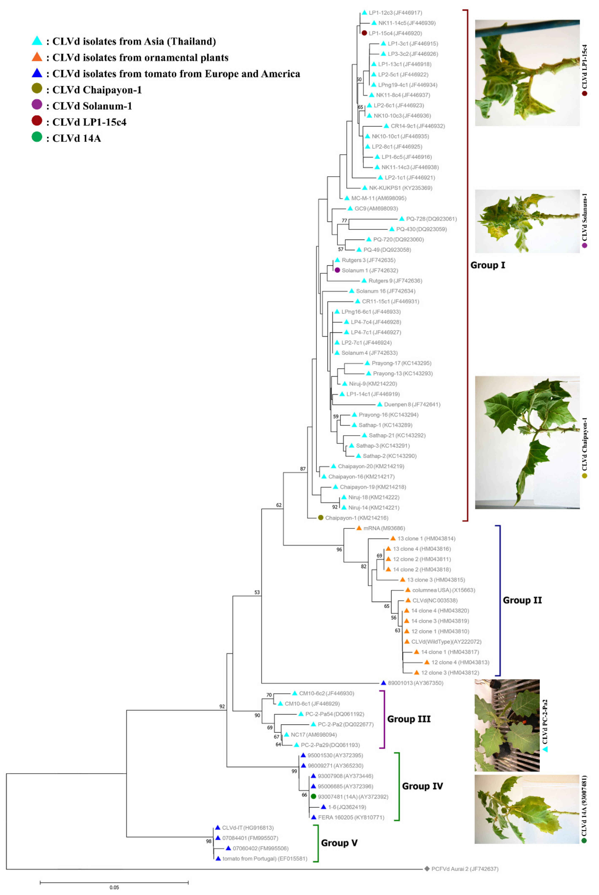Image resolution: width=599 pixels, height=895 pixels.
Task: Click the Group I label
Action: (x=487, y=265)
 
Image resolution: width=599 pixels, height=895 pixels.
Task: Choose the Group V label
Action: (x=339, y=843)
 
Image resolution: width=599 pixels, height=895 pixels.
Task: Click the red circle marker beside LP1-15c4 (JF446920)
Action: (x=365, y=33)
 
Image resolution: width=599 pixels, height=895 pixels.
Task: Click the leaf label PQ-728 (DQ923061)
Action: (x=431, y=219)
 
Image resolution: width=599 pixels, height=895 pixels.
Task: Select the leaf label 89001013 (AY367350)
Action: (x=415, y=683)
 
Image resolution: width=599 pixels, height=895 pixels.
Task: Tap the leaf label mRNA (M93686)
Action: (x=384, y=528)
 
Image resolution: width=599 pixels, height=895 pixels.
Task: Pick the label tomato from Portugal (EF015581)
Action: (x=265, y=858)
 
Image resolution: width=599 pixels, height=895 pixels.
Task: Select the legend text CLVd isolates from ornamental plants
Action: (x=140, y=58)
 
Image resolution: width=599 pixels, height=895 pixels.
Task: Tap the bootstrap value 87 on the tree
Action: (x=303, y=468)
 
